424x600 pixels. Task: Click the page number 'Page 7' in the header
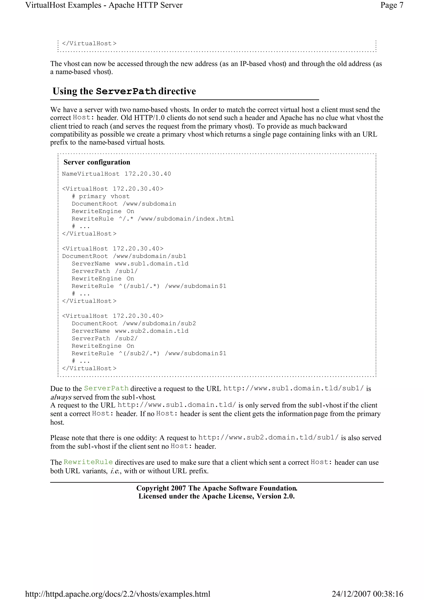click(x=392, y=5)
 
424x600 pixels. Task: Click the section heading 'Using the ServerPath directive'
click(x=124, y=91)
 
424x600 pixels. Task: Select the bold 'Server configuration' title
click(x=97, y=162)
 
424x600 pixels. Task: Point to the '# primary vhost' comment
click(x=101, y=196)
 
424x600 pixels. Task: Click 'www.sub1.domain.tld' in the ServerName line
click(x=152, y=264)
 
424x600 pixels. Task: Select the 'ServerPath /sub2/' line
click(x=105, y=339)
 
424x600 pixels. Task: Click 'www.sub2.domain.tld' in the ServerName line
click(x=152, y=331)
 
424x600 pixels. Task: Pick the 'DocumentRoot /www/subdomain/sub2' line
click(x=134, y=324)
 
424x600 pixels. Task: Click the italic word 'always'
click(x=61, y=397)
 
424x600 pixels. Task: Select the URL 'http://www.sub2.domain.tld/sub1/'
click(x=268, y=438)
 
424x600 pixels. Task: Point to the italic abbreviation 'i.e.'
click(x=115, y=471)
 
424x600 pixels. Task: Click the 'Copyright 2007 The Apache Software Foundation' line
click(x=217, y=488)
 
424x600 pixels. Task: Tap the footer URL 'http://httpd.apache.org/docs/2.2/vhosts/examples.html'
click(x=118, y=594)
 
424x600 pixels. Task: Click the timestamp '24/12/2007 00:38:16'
click(x=367, y=594)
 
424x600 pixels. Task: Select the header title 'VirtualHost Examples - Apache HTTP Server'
click(x=104, y=5)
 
